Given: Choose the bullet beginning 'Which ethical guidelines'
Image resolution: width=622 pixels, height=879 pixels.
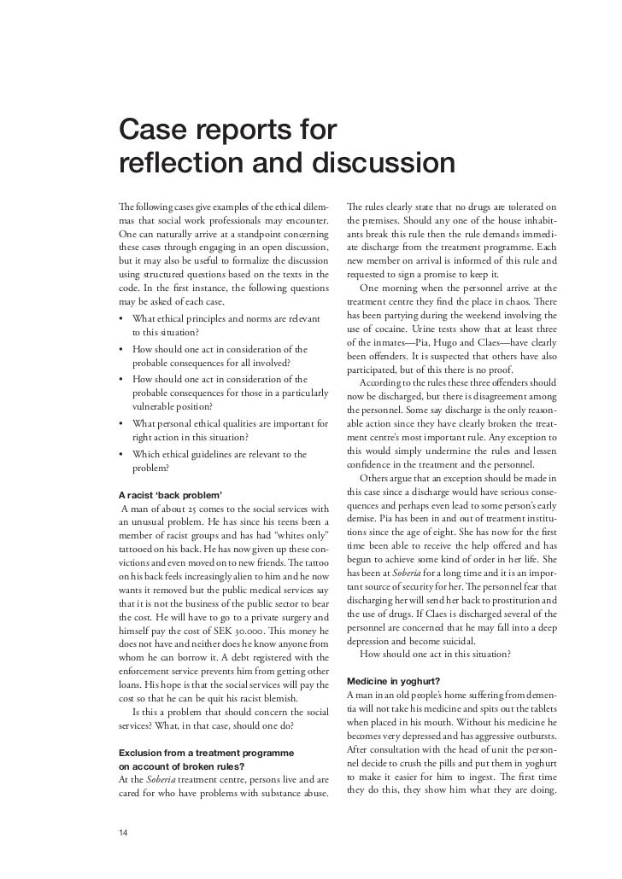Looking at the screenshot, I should click(x=220, y=454).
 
